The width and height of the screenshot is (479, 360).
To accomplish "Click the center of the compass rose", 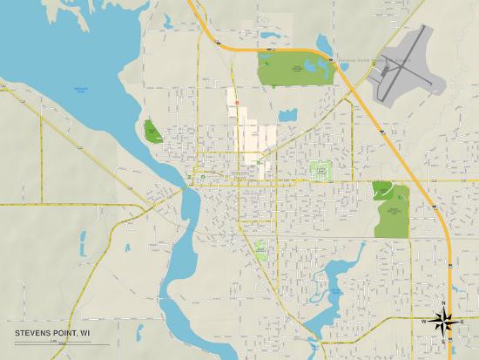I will coord(445,321).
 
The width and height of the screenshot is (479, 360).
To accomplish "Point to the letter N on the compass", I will coord(445,303).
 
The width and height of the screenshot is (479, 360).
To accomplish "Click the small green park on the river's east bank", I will coord(152,132).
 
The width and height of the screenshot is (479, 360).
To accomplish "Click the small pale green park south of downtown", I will coord(260,249).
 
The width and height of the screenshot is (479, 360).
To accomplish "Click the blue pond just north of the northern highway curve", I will coord(325,43).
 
